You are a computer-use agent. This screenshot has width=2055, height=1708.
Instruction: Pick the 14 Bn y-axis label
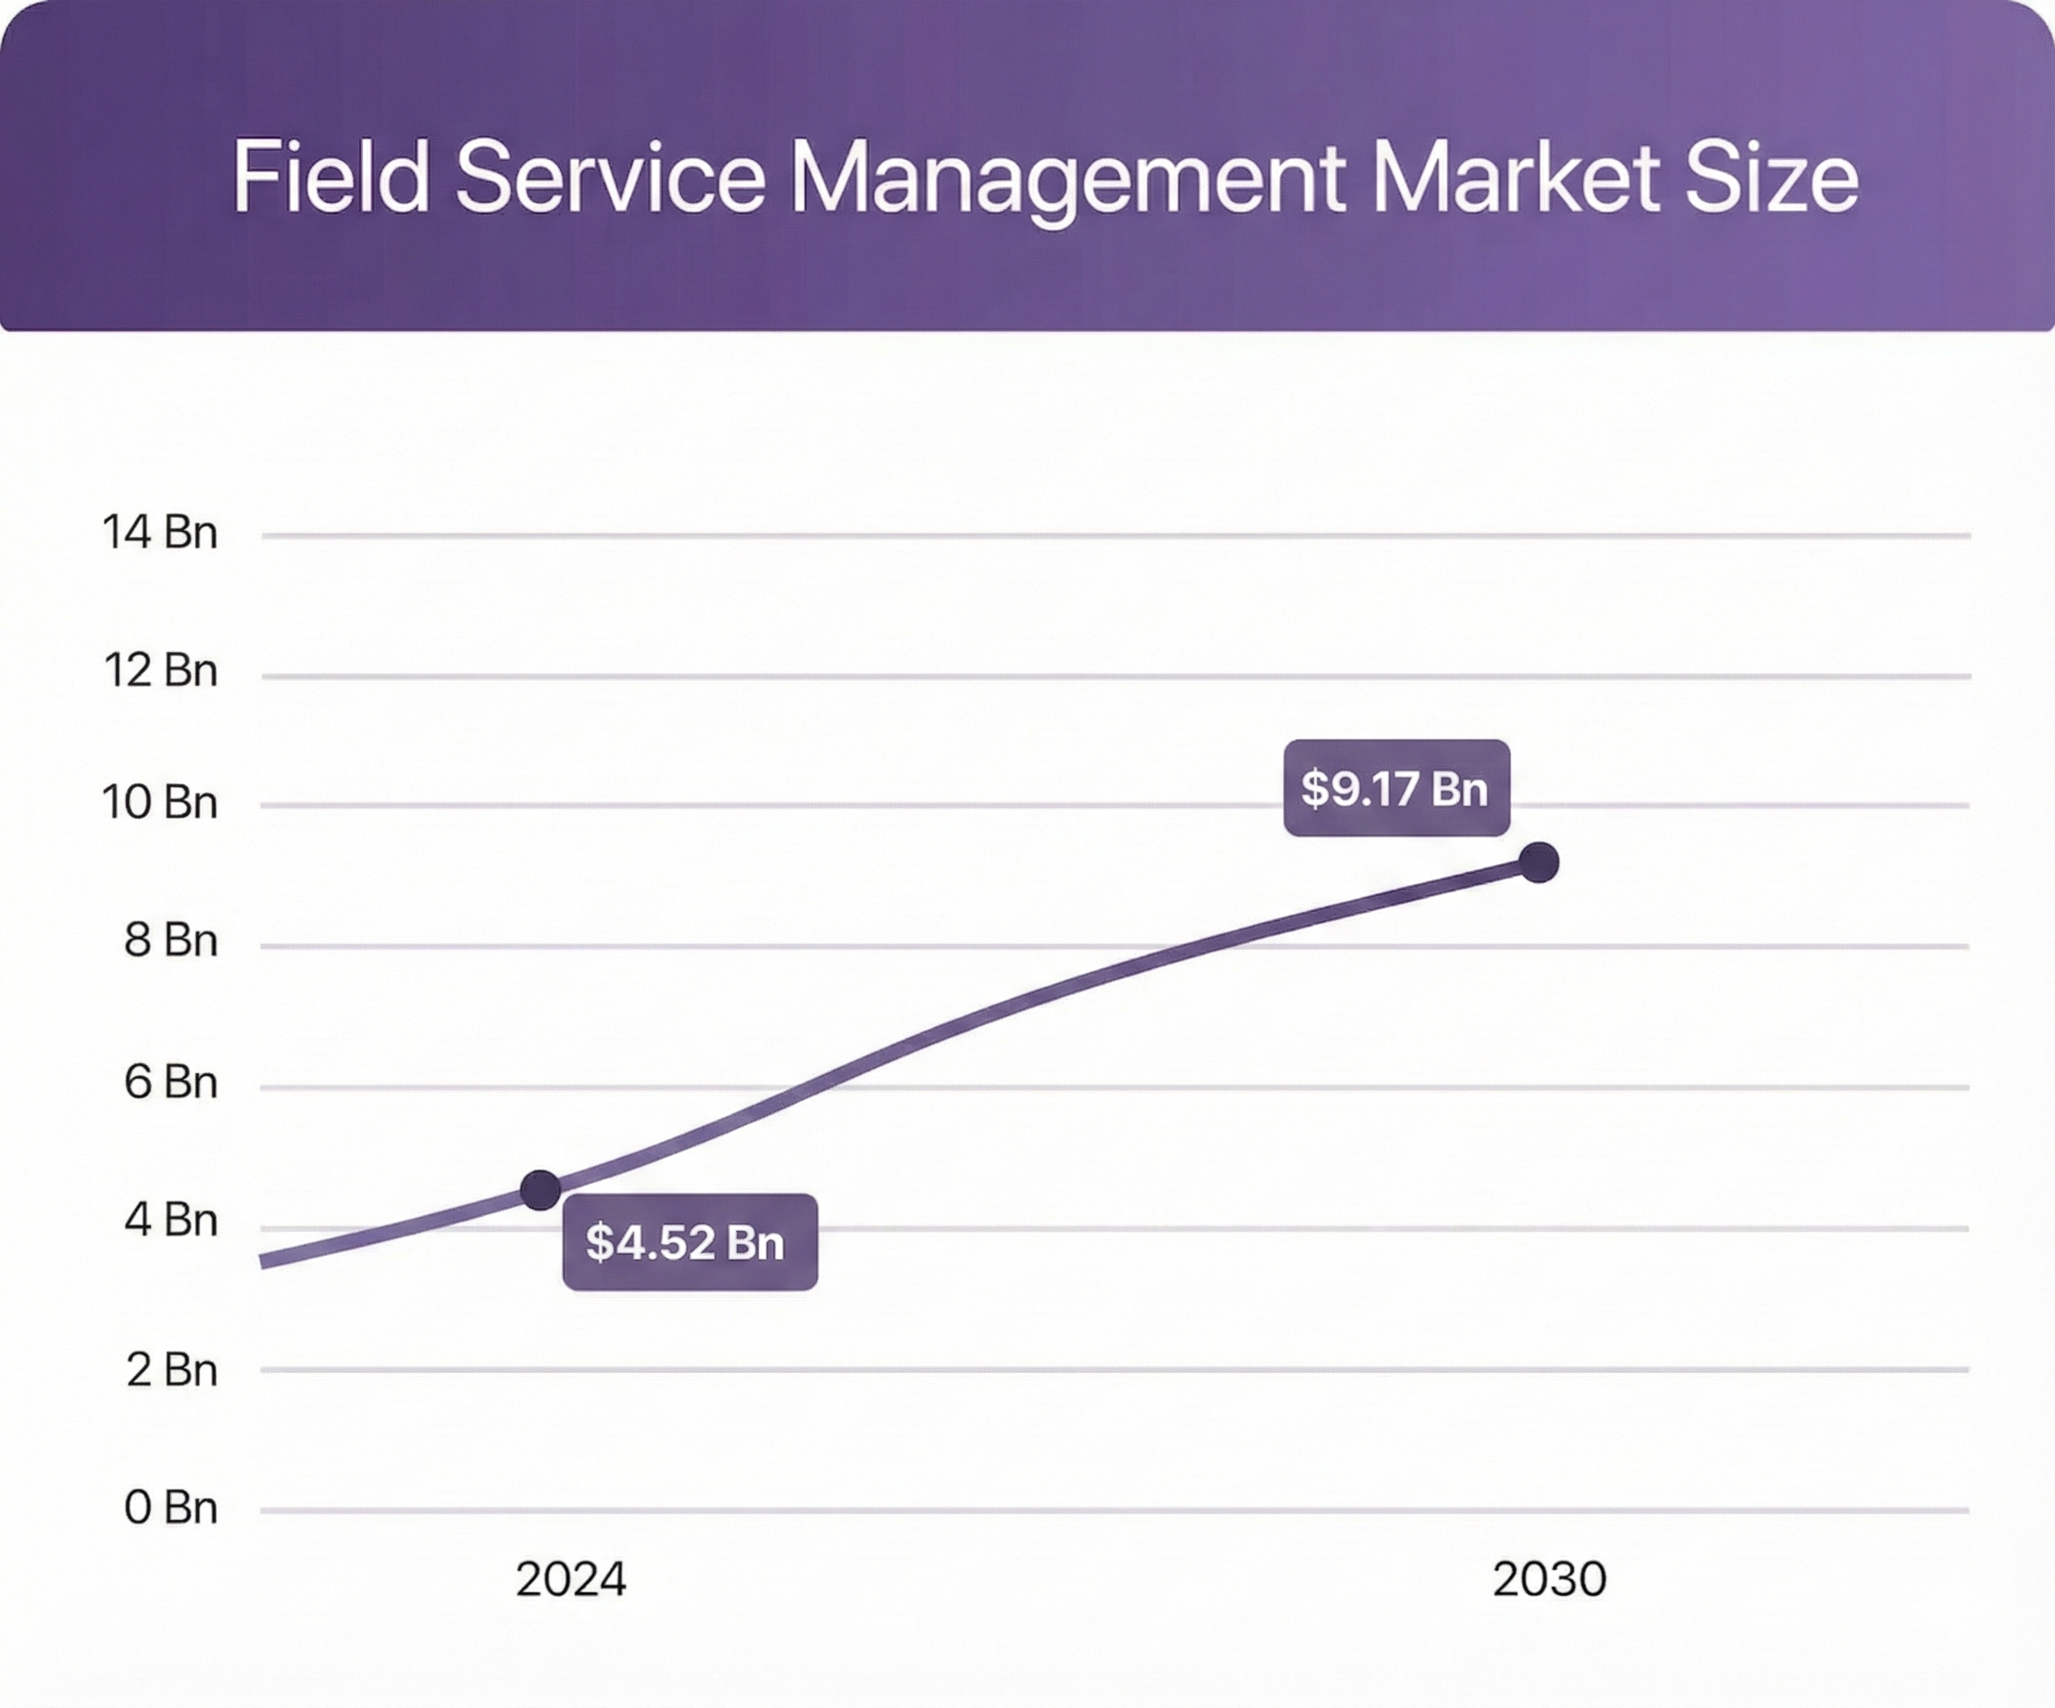tap(159, 533)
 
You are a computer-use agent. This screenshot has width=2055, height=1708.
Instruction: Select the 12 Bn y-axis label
tap(159, 671)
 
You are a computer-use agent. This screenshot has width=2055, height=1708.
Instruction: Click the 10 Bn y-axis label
tap(159, 802)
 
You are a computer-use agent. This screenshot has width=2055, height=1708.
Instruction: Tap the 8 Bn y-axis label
tap(170, 941)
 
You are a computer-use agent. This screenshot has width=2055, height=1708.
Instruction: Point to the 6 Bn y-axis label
tap(170, 1083)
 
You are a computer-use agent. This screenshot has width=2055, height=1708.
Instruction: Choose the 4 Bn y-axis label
tap(170, 1220)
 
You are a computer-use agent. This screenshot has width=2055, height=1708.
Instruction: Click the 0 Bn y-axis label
tap(170, 1508)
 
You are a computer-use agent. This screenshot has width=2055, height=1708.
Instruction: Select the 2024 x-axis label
tap(571, 1580)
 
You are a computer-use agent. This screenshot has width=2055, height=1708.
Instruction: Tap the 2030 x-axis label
tap(1549, 1580)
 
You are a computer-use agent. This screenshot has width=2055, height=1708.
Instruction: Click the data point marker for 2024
tap(540, 1191)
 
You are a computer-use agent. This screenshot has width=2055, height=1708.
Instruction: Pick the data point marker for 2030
tap(1539, 862)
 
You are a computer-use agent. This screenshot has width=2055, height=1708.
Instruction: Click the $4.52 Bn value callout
tap(689, 1242)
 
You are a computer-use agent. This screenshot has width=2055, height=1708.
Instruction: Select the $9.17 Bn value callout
tap(1397, 788)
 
